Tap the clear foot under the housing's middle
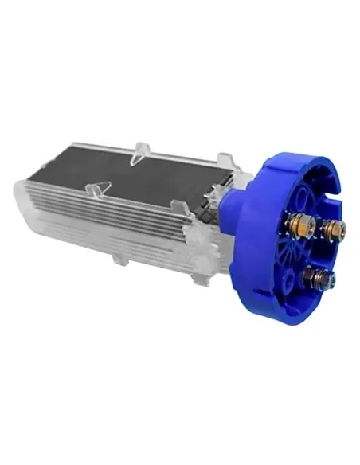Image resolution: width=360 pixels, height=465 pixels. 119,260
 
